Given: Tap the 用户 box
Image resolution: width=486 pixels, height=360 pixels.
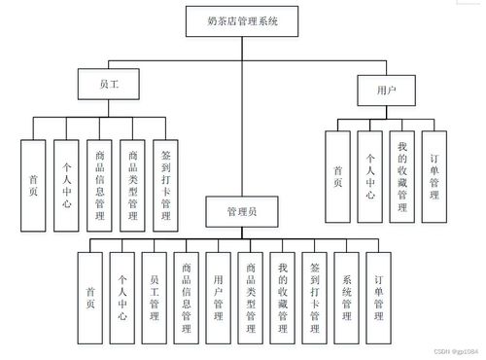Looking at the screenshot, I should [x=387, y=90].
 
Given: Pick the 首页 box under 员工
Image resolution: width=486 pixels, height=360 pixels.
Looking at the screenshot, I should [x=34, y=186].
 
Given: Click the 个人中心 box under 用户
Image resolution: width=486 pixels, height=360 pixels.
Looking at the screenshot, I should [x=370, y=174].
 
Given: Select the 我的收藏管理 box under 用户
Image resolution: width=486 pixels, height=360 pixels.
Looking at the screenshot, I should [x=402, y=174].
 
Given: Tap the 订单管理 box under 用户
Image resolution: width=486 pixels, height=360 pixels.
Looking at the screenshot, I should [x=434, y=174].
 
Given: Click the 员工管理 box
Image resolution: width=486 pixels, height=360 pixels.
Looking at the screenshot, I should [x=154, y=297].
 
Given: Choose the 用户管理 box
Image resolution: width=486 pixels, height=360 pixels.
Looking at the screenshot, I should [x=219, y=297].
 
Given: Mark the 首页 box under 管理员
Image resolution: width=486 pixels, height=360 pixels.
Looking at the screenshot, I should [x=90, y=297].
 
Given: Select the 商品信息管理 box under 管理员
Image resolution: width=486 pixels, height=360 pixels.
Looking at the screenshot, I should [x=186, y=297].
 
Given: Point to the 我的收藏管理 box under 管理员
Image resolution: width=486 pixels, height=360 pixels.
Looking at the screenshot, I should [x=282, y=297].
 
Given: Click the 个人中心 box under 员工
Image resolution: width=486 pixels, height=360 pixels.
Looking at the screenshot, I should [x=65, y=186].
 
